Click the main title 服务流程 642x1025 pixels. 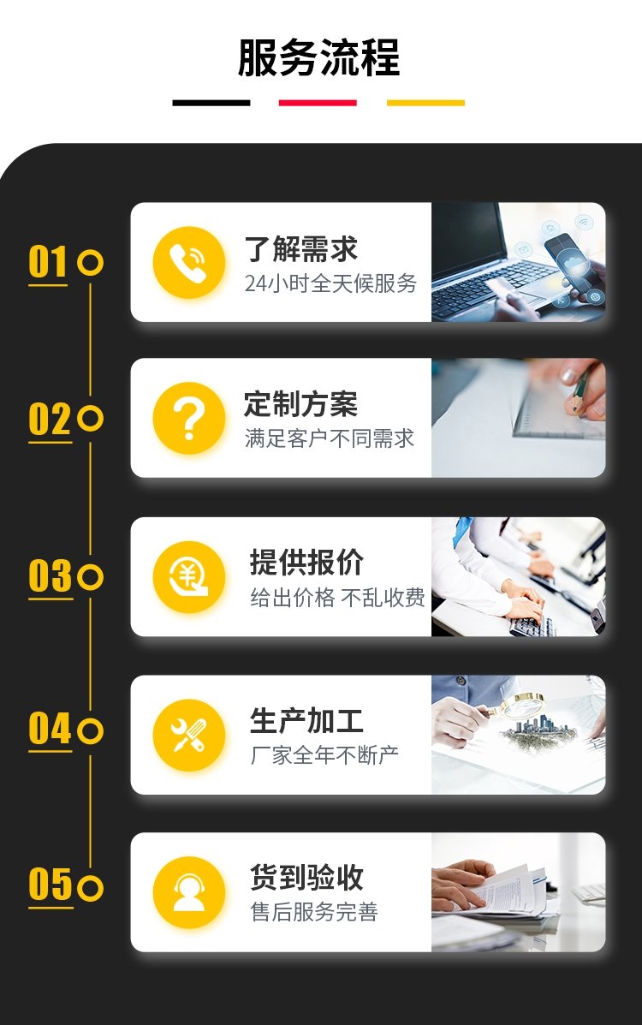pos(318,57)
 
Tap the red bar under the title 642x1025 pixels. pos(318,103)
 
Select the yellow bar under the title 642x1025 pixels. pos(425,103)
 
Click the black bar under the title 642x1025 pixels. pos(211,103)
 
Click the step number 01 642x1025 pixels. pos(48,262)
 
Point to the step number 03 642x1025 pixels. pos(51,576)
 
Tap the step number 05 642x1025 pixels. pos(51,885)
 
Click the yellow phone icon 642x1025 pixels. pos(189,263)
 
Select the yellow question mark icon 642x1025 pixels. pos(189,419)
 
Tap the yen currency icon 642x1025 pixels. pos(189,577)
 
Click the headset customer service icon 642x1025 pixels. pos(189,892)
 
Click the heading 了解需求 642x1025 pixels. pos(300,249)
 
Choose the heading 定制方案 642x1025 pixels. pos(300,404)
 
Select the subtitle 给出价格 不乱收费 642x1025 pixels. pos(337,598)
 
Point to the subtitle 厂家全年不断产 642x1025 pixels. pos(324,755)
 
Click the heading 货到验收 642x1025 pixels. pos(306,877)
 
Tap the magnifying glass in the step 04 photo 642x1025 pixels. pos(519,706)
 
